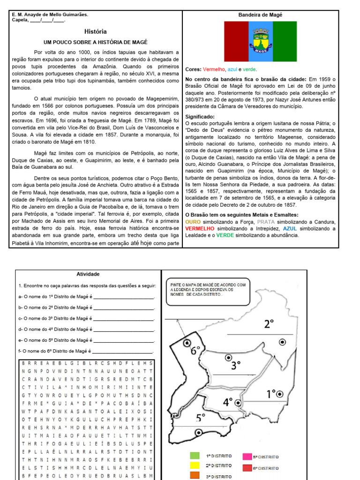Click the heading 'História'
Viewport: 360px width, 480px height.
tap(96, 32)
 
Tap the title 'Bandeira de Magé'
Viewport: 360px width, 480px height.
tap(261, 15)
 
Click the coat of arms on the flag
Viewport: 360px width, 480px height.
tap(260, 41)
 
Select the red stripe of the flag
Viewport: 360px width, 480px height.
tap(236, 41)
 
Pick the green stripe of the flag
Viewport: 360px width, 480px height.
tap(285, 41)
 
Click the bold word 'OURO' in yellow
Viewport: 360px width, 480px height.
tap(193, 222)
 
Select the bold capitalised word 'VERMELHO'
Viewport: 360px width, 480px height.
tap(201, 228)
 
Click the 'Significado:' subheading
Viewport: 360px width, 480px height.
tap(200, 117)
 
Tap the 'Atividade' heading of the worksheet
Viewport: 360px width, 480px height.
tap(88, 274)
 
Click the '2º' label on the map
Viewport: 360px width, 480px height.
tap(269, 323)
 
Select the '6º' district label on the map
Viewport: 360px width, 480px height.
tap(195, 349)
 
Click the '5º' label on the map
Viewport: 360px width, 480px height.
tap(201, 417)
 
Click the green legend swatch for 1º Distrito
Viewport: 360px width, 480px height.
tap(195, 456)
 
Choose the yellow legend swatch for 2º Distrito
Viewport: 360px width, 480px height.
tap(195, 465)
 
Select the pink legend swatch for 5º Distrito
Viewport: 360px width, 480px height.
tap(247, 456)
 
